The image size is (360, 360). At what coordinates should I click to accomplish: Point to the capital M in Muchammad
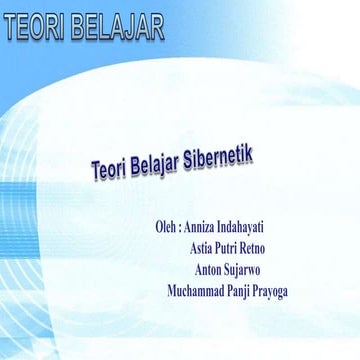coord(173,291)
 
